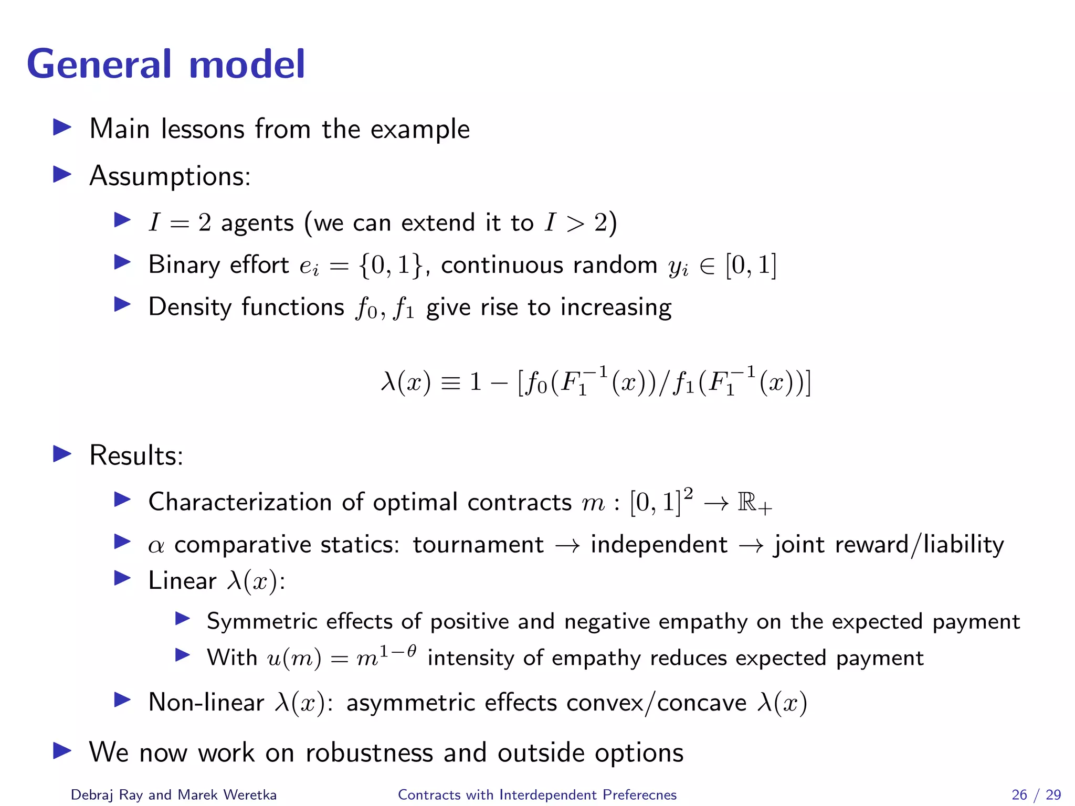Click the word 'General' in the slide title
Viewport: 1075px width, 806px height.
point(99,64)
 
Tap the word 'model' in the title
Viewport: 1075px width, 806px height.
point(246,64)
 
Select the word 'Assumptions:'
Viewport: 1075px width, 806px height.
point(170,176)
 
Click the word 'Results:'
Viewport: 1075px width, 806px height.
point(136,455)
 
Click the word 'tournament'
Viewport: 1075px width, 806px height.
point(478,545)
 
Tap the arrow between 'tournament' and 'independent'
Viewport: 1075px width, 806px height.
point(567,546)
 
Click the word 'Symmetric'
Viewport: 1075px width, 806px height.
point(262,621)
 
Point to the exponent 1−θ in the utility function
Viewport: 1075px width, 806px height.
point(398,651)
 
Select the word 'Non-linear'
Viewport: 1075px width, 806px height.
point(206,702)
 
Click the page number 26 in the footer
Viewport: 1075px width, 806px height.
point(1019,794)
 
